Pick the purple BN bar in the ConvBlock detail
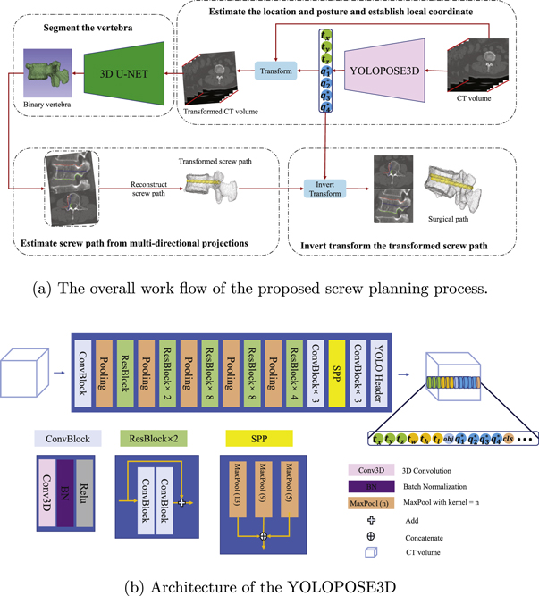(x=62, y=492)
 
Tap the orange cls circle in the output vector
(x=510, y=438)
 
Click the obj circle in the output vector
(x=449, y=438)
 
